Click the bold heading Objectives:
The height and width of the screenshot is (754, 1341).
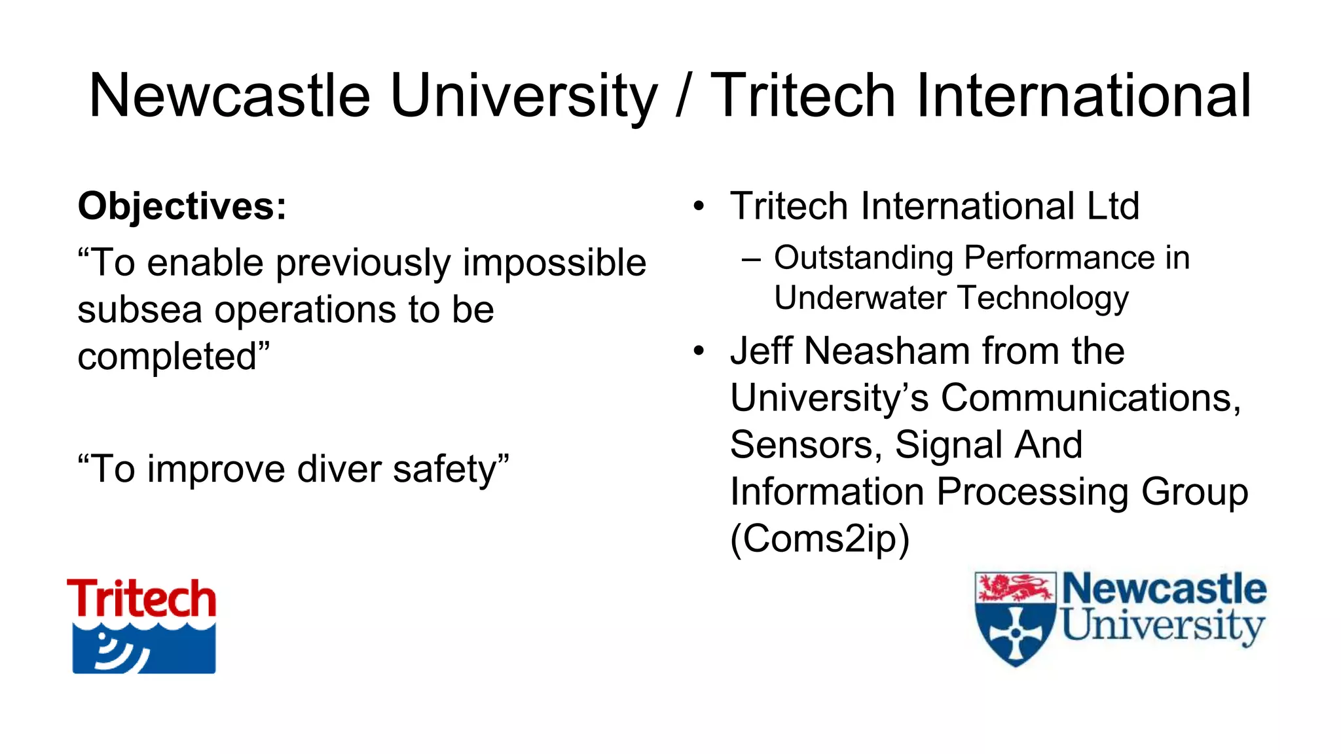(x=182, y=206)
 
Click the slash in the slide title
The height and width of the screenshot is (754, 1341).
(x=683, y=96)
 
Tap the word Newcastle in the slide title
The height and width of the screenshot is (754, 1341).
(x=229, y=96)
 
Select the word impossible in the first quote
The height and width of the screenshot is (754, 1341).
(x=554, y=263)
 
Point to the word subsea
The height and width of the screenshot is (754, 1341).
(x=139, y=310)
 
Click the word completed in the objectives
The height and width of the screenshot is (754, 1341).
(x=167, y=357)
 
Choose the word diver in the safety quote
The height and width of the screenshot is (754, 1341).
(x=339, y=469)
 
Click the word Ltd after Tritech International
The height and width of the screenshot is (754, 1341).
(x=1112, y=206)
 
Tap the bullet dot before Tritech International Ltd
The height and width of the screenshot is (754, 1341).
(x=699, y=207)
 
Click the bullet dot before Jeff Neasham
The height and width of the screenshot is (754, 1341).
(x=699, y=351)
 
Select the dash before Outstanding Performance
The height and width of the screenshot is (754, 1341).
(x=752, y=259)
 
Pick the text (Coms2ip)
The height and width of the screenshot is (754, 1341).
(x=820, y=539)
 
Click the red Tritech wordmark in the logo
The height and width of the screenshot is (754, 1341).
(x=141, y=599)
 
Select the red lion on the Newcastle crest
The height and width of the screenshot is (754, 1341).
(x=1014, y=587)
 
